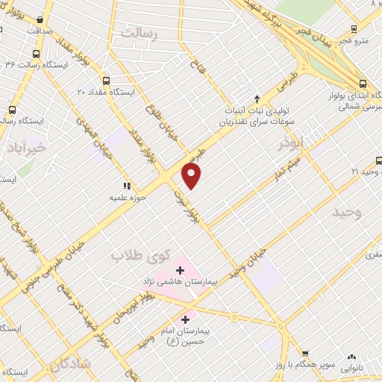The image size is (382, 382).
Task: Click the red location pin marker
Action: pyautogui.click(x=192, y=175)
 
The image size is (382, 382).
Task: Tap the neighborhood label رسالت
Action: pyautogui.click(x=143, y=33)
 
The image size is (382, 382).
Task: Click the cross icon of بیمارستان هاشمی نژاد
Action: pyautogui.click(x=181, y=269)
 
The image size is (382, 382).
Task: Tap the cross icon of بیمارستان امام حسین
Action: pyautogui.click(x=186, y=319)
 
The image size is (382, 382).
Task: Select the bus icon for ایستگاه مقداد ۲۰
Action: pyautogui.click(x=105, y=81)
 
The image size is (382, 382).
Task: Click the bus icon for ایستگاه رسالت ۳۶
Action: pyautogui.click(x=37, y=54)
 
